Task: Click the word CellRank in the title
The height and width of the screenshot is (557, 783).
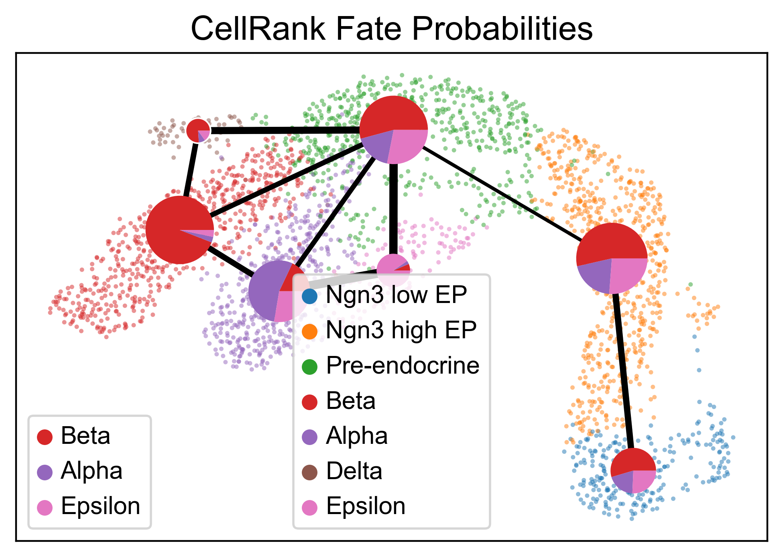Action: [258, 29]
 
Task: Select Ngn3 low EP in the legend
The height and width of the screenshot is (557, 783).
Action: [384, 295]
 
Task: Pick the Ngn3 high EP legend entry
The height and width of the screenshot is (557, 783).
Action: [389, 330]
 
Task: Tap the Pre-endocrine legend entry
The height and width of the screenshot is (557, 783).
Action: [390, 366]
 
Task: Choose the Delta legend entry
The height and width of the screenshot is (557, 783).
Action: [342, 471]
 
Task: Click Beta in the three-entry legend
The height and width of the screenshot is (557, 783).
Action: [73, 436]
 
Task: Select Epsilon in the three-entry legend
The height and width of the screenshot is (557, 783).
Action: [88, 506]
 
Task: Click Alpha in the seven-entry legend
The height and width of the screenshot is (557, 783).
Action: [345, 436]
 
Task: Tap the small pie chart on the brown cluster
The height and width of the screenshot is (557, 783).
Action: [198, 130]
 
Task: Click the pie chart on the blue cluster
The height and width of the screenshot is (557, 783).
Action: [633, 471]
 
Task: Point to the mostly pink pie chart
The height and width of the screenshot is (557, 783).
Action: [393, 270]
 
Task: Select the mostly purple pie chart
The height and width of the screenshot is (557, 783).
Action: [279, 291]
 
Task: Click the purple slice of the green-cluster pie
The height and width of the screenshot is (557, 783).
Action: [377, 145]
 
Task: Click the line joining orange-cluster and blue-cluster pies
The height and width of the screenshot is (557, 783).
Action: [622, 371]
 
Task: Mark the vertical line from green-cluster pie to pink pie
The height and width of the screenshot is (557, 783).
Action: [394, 209]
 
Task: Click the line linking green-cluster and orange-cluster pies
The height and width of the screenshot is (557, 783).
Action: [502, 194]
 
